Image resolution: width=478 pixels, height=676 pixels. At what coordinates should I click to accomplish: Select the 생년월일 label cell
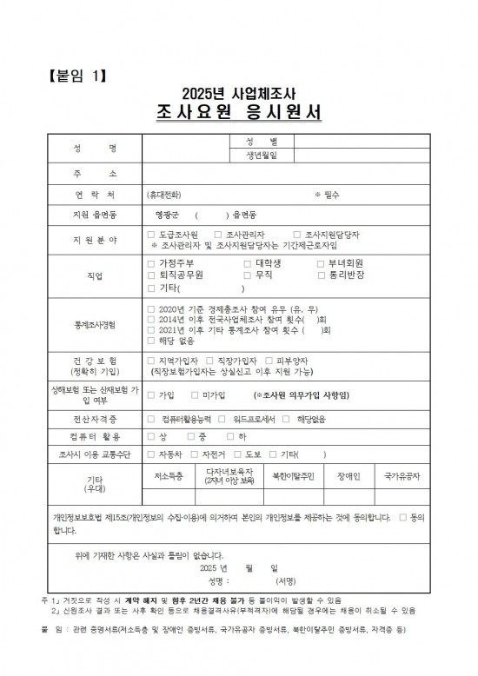pos(262,156)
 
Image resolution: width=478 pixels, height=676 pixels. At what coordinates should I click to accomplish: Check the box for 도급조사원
pos(152,235)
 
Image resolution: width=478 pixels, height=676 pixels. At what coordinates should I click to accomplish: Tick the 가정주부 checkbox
pos(152,262)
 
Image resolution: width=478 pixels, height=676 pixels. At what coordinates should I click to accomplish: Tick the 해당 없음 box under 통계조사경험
pos(152,341)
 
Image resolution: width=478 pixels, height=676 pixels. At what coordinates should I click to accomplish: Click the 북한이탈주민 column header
pos(295,475)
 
